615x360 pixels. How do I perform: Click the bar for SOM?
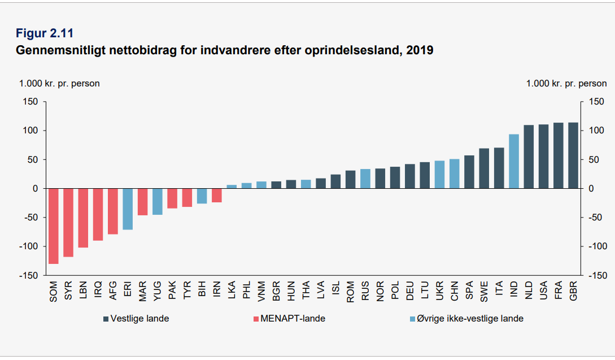[x=54, y=226]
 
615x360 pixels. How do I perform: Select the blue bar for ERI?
[x=128, y=209]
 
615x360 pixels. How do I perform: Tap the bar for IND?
[x=514, y=161]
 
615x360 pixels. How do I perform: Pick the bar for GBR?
[x=573, y=155]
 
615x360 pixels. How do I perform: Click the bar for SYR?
[x=68, y=223]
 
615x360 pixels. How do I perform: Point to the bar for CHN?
[x=454, y=174]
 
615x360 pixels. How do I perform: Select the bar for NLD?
[x=529, y=157]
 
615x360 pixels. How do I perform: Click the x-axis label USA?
[x=544, y=292]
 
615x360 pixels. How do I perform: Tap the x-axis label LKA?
[x=232, y=292]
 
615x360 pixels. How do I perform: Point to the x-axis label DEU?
[x=410, y=292]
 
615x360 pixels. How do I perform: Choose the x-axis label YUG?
[x=158, y=292]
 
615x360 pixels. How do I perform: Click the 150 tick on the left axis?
[x=30, y=102]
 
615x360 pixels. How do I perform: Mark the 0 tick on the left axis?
[x=34, y=188]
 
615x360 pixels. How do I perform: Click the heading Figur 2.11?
[x=45, y=33]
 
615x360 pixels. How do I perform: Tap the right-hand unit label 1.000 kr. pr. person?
[x=566, y=84]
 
